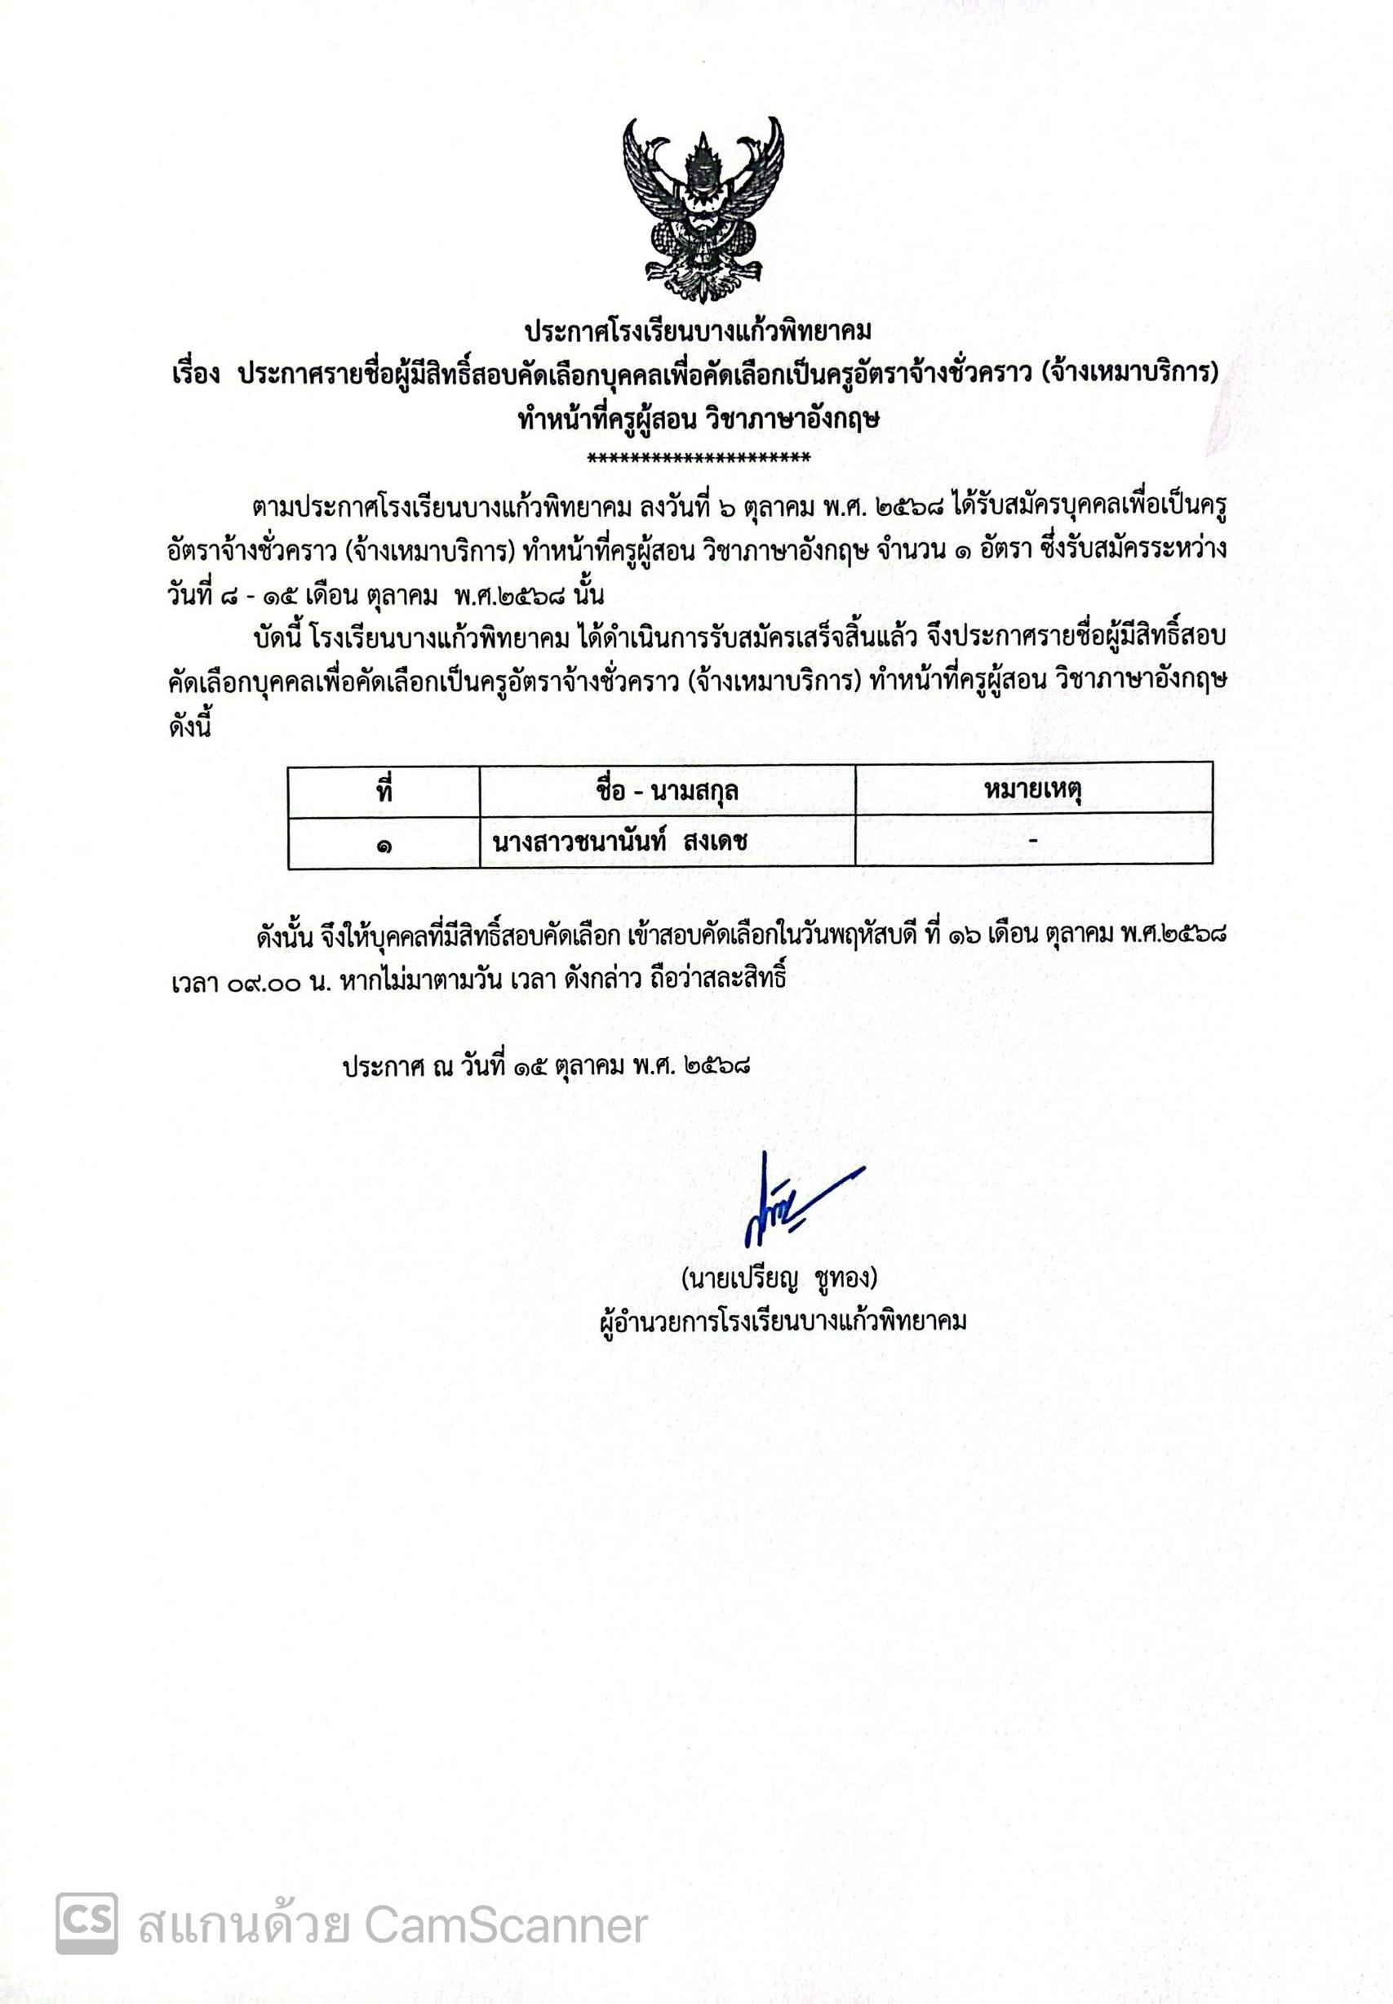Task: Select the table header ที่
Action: [x=384, y=791]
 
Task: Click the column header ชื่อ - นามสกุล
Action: [x=667, y=791]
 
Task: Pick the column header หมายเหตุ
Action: [x=1032, y=791]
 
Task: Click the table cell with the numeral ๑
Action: [x=384, y=843]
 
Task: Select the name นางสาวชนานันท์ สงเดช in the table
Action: [x=619, y=842]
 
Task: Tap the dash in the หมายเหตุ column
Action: [x=1033, y=840]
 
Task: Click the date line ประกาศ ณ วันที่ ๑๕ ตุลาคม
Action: [x=548, y=1066]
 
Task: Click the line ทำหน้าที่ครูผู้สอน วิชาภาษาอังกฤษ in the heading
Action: [x=699, y=420]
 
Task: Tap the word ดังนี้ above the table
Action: [x=189, y=727]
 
